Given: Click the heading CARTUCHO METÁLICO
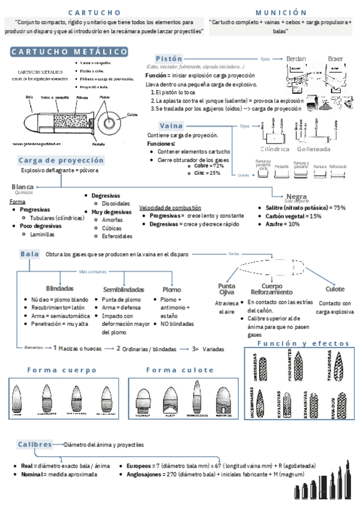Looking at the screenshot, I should [x=68, y=52].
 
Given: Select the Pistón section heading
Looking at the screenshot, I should [x=169, y=59].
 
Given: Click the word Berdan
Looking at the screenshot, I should [x=296, y=59].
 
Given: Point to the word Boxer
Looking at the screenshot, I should [x=335, y=59].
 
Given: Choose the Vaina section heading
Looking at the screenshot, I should [x=171, y=125].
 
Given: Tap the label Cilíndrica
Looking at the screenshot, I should [x=275, y=148].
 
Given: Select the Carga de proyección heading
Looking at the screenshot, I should [x=61, y=160].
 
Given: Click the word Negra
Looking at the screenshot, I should [x=296, y=196].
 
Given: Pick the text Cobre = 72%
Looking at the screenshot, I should [x=209, y=166].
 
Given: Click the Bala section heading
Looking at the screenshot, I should [x=29, y=254].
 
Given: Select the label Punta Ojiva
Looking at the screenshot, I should [x=226, y=289].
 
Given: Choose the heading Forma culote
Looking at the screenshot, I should [x=172, y=370].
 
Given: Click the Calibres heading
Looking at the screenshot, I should [x=35, y=444].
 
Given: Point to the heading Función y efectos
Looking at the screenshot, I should [x=302, y=343].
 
